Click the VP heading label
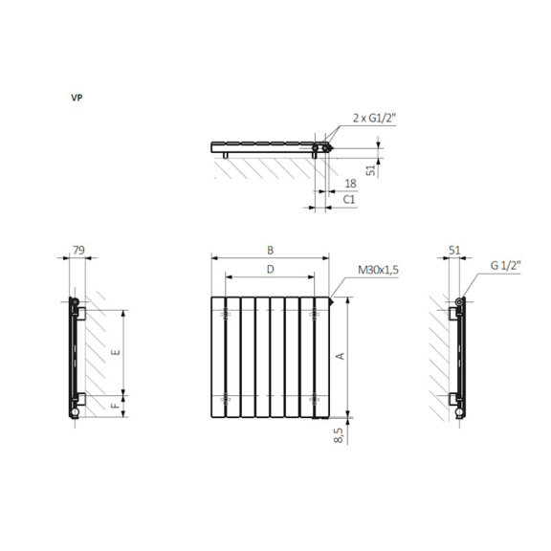(77, 98)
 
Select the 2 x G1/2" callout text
(374, 118)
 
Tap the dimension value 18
(350, 184)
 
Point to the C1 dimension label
(349, 200)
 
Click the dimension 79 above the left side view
(78, 250)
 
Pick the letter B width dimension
(270, 251)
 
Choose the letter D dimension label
(270, 269)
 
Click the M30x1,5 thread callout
(378, 270)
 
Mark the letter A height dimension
(340, 356)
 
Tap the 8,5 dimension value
(339, 435)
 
